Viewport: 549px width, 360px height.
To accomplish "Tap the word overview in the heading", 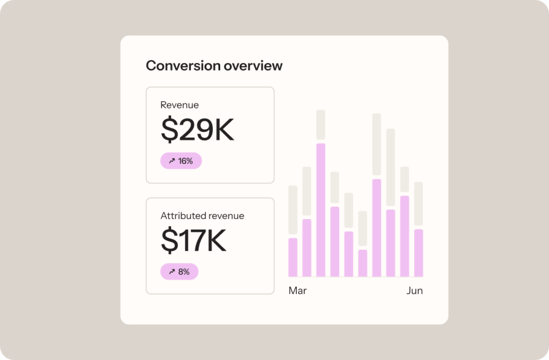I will (253, 66).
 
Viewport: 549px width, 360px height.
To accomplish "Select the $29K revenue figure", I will (198, 129).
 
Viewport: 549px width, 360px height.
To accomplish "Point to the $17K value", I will (193, 240).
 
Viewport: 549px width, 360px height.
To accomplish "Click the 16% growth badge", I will (181, 161).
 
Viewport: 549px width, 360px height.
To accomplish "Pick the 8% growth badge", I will (179, 272).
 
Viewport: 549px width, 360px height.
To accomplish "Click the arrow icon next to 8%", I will (171, 272).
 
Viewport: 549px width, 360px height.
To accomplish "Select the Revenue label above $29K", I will (179, 105).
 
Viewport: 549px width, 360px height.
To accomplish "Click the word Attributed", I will (183, 216).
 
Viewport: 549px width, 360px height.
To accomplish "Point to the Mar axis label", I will (298, 291).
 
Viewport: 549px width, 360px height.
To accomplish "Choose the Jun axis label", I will (415, 291).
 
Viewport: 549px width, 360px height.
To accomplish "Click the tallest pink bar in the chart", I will (321, 210).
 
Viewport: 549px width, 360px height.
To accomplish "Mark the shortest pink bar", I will (363, 263).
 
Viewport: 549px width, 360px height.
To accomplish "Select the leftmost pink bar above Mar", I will (293, 257).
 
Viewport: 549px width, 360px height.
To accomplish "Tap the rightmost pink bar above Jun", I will (418, 253).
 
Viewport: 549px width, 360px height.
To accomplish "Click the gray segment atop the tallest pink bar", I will (321, 126).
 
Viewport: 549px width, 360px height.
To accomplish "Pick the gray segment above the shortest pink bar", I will (363, 229).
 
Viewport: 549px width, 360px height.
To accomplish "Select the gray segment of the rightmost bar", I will (418, 205).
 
